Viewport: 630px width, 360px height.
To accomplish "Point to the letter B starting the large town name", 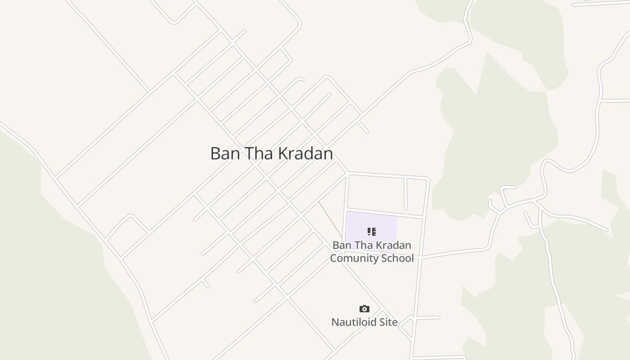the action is click(215, 153).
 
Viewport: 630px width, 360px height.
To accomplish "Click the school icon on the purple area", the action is click(371, 232).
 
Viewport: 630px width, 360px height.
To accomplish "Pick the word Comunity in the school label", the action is click(351, 258).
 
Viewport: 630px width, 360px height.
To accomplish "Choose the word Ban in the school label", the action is click(342, 245).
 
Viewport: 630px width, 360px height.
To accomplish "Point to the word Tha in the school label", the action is click(364, 245).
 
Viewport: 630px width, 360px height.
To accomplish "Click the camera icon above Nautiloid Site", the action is click(364, 309).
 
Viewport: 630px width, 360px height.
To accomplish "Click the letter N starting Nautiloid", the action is click(335, 322).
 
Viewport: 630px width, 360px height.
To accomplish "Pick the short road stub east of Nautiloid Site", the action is click(427, 318).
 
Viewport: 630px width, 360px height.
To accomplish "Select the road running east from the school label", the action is click(454, 252).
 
